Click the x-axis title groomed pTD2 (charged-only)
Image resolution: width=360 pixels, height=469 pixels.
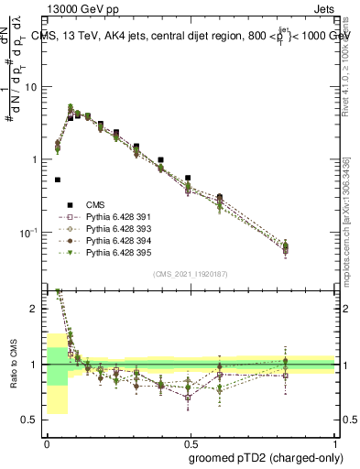264,458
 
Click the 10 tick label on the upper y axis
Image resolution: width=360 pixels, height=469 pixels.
33,87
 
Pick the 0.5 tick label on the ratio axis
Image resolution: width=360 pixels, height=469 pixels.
33,420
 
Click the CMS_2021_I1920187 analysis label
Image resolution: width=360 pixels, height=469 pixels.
191,274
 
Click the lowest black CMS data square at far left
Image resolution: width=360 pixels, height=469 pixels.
58,180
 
